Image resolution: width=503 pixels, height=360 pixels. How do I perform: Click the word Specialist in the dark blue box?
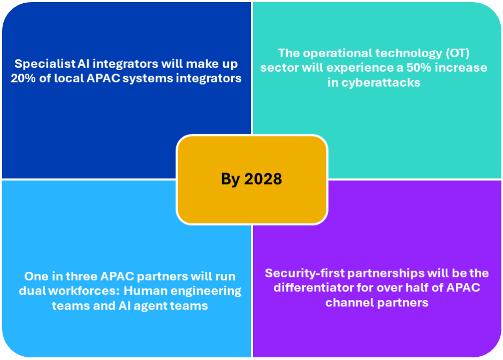[45, 64]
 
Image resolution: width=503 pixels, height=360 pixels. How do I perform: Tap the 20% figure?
[23, 78]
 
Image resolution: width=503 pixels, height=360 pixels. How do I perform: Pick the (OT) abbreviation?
[458, 53]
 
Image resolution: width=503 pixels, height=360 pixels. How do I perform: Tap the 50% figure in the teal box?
[418, 67]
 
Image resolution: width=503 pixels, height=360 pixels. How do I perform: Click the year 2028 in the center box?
[263, 179]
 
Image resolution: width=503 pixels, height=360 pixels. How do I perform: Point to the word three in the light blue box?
[81, 277]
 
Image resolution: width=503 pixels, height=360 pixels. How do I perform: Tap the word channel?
[348, 303]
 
